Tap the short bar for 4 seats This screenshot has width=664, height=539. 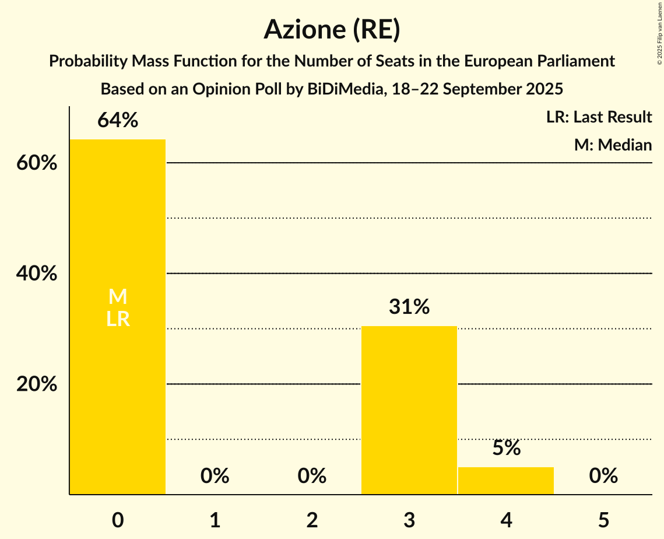point(506,481)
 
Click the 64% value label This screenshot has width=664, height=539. point(118,120)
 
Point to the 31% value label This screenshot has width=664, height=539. point(409,306)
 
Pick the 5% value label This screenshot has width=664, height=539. point(506,448)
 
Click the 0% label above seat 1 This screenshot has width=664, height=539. point(215,476)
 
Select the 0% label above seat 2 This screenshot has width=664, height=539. point(312,476)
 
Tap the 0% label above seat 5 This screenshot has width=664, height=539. point(603,476)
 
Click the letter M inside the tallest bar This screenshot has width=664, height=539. point(118,297)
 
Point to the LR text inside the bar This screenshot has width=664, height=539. point(118,319)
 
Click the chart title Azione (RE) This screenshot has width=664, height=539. point(332,30)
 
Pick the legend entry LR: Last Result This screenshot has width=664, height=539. point(599,117)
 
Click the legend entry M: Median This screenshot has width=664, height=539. point(613,145)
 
